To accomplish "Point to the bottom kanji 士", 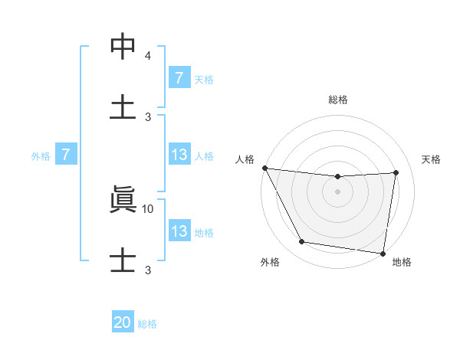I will [123, 258].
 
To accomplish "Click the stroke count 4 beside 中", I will [148, 56].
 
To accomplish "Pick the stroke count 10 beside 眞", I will [148, 208].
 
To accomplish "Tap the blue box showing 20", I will [123, 323].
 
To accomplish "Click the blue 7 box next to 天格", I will [179, 78].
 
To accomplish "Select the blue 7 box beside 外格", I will [66, 155].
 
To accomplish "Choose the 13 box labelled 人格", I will [179, 155].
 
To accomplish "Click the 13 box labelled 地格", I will [179, 231].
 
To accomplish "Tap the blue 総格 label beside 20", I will [147, 324].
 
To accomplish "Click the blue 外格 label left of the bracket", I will [41, 155].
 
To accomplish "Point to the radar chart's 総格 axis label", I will [337, 100].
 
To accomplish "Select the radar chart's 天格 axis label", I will [432, 159].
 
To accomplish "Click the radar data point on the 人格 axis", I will [264, 168].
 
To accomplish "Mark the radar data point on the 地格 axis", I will [383, 253].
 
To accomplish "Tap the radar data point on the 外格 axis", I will [301, 243].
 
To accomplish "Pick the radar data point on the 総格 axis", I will [337, 177].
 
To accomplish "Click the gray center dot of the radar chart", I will [337, 191].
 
